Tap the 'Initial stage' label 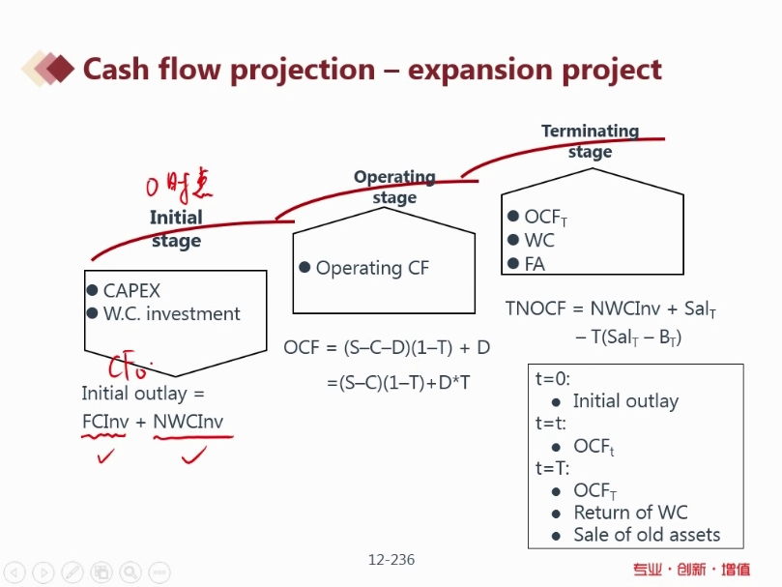coord(176,229)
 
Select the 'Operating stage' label coord(394,187)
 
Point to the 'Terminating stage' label coord(590,141)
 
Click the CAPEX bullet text coord(131,290)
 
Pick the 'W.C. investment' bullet coord(171,313)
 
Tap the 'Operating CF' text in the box coord(372,268)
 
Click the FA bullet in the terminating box coord(535,263)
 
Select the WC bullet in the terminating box coord(539,240)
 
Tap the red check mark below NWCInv coord(194,454)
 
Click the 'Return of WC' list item coord(630,513)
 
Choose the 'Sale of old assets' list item coord(647,535)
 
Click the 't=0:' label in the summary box coord(554,379)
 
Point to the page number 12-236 coord(391,559)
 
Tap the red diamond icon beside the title coord(60,69)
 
